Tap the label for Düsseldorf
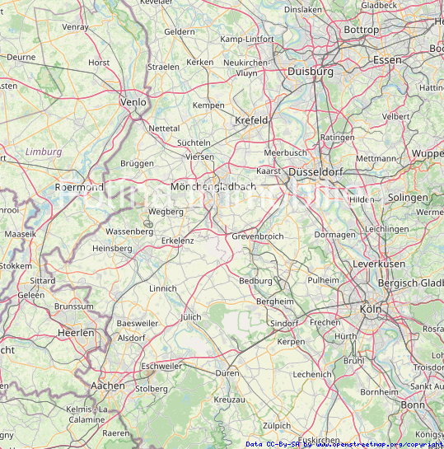[x=315, y=171]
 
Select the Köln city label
[x=372, y=308]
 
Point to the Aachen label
[x=108, y=385]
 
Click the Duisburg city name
[x=311, y=72]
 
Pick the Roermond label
[x=79, y=187]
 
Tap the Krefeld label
[x=252, y=120]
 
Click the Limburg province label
[x=44, y=152]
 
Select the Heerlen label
[x=76, y=332]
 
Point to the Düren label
[x=227, y=373]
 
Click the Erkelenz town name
[x=177, y=240]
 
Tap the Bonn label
[x=413, y=405]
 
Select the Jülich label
[x=190, y=316]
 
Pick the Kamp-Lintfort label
[x=247, y=39]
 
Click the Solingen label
[x=408, y=198]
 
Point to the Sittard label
[x=43, y=280]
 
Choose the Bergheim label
[x=274, y=302]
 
